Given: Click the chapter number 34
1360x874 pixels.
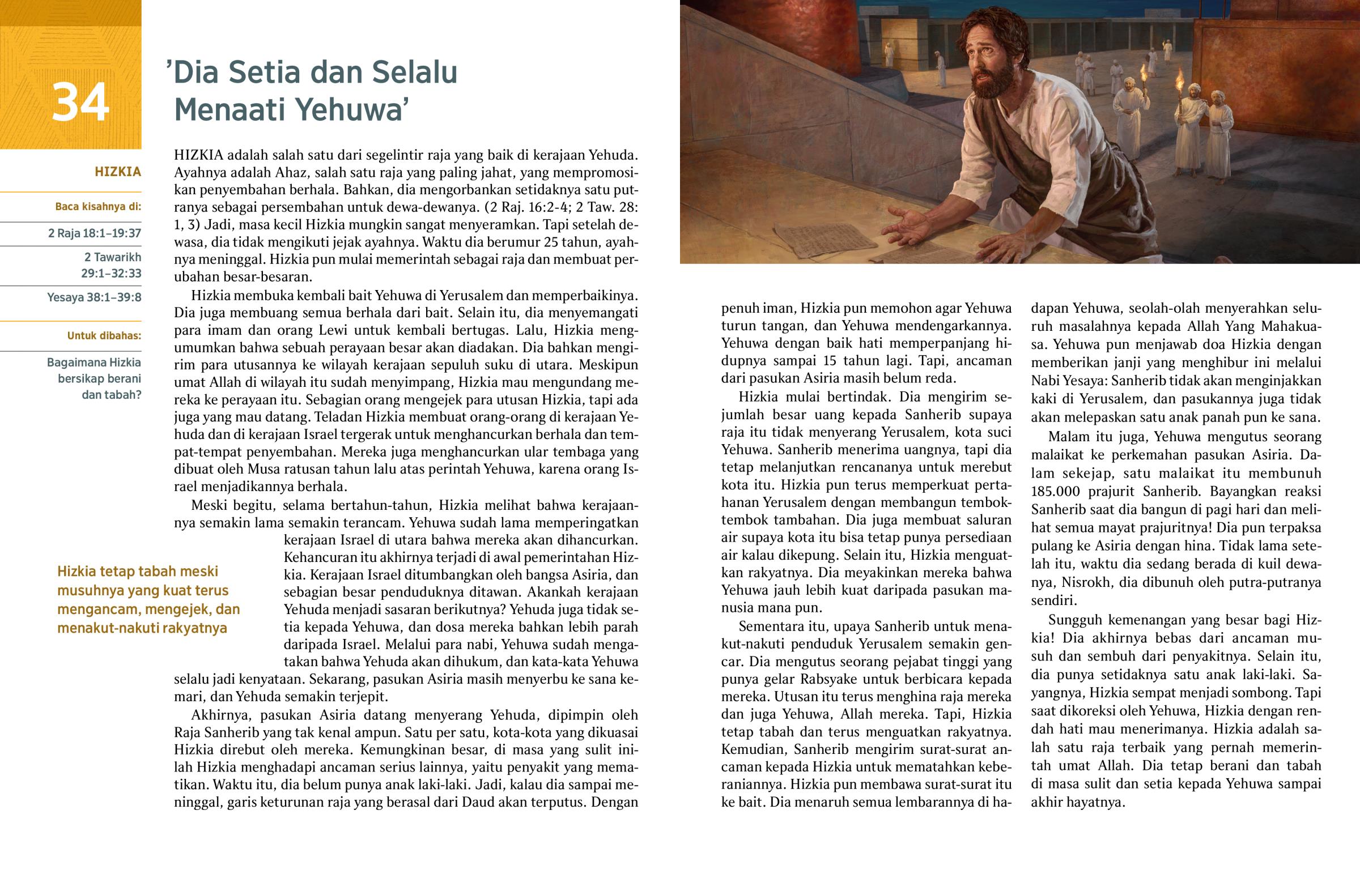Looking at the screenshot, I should point(80,103).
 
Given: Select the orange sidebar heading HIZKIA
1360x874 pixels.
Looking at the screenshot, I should point(117,172).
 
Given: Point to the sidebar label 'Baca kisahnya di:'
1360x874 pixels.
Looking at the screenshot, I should point(97,207).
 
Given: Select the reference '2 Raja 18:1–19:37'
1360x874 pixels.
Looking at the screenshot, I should point(94,233).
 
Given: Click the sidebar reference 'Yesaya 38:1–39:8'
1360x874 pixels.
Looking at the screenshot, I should point(93,297).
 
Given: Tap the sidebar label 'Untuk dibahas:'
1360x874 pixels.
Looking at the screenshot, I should point(104,335).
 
